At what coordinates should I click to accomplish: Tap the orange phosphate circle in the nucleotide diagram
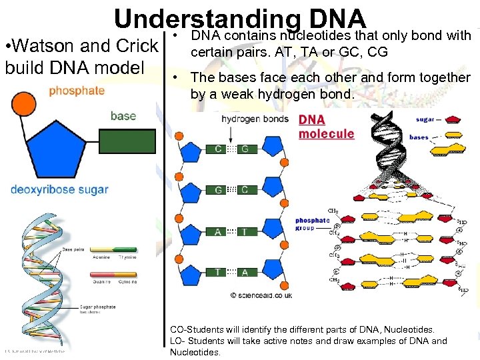25,103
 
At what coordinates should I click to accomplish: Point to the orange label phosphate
77,91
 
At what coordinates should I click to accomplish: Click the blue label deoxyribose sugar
59,189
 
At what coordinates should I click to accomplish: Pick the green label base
123,116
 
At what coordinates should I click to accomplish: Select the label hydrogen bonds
255,119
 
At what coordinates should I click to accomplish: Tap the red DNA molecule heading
326,127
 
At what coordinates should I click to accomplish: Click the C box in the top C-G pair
218,149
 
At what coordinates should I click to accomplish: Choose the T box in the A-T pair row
245,231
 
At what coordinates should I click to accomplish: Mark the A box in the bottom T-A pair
245,272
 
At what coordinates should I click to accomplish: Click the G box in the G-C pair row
218,190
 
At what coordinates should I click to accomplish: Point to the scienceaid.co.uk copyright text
261,293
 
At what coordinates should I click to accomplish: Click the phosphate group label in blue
312,224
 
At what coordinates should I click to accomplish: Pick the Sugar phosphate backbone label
97,309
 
